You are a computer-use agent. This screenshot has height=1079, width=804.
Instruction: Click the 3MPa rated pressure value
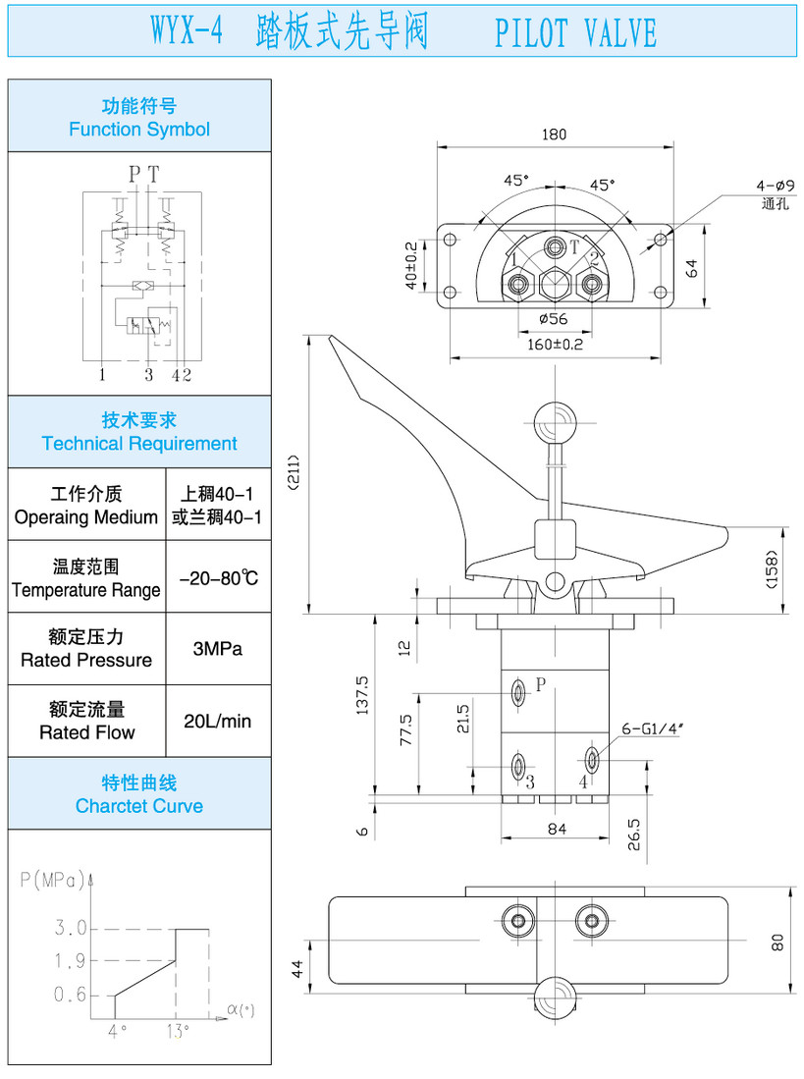(x=218, y=649)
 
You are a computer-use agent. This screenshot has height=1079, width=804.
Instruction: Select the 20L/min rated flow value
(x=218, y=721)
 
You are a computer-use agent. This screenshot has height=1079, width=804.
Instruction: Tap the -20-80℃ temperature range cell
(x=218, y=577)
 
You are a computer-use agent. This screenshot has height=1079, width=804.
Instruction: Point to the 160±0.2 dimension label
(x=555, y=345)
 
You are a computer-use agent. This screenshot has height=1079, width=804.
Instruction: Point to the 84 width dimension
(x=557, y=830)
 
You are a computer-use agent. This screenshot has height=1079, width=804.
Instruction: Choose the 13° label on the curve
(x=178, y=1030)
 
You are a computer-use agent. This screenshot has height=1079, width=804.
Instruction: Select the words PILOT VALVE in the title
(x=575, y=33)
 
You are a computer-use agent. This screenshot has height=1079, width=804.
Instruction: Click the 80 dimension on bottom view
(x=777, y=941)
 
